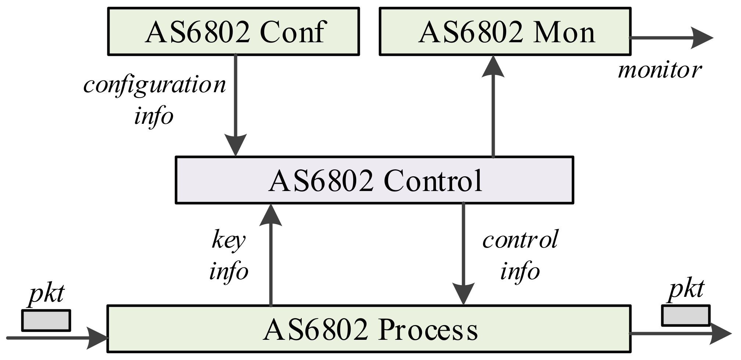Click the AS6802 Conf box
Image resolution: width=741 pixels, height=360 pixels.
(x=233, y=32)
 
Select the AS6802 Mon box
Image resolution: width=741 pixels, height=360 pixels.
(x=505, y=32)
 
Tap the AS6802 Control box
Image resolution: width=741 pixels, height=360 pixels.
(x=374, y=180)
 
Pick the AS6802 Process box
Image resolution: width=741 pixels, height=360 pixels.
(x=369, y=329)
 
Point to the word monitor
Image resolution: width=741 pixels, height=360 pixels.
(x=659, y=70)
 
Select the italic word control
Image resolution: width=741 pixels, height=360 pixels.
(x=520, y=240)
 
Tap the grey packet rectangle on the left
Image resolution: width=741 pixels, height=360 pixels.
(x=46, y=320)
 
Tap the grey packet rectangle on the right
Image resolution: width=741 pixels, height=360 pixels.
(x=685, y=315)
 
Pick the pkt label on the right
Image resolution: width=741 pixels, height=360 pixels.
(x=686, y=289)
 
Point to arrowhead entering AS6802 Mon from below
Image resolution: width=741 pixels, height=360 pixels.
(x=493, y=67)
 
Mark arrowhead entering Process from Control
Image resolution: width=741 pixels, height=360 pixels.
(x=463, y=294)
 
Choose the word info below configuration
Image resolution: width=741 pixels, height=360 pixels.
(x=154, y=116)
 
